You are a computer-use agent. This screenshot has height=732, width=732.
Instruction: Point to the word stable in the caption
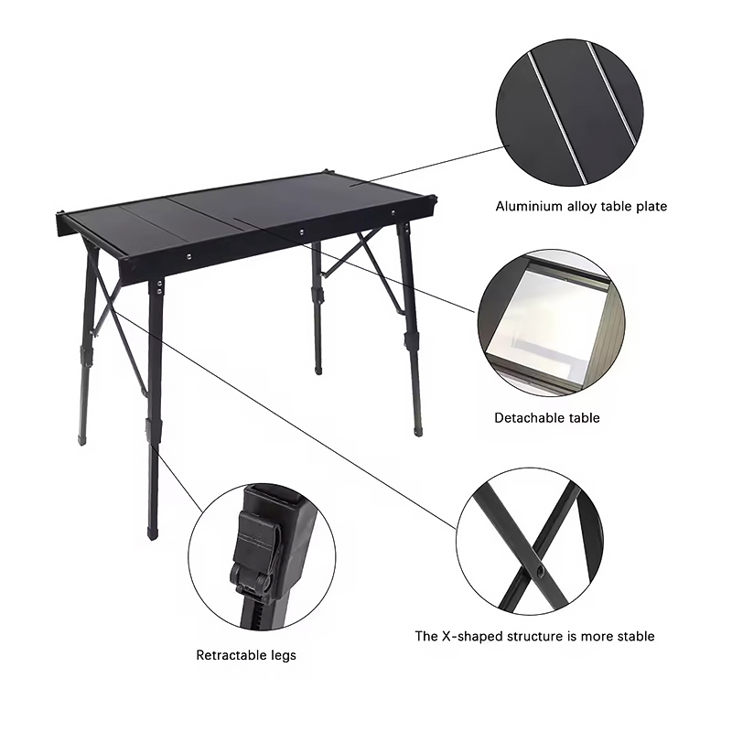pos(636,636)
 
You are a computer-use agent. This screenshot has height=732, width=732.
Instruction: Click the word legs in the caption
pos(284,656)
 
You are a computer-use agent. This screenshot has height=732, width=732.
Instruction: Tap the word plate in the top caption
pos(651,207)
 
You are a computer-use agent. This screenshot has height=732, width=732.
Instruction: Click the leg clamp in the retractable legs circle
pos(254,554)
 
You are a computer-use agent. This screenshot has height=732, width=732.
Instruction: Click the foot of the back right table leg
pos(419,431)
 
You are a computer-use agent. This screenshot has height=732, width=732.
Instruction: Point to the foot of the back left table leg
pos(82,440)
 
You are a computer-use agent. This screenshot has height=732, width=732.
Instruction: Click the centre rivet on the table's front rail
pos(302,231)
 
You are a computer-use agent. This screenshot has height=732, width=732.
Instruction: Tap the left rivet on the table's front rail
pos(188,256)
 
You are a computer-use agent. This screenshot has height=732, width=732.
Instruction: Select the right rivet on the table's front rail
pos(393,213)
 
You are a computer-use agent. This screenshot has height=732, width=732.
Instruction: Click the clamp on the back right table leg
pos(411,340)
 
